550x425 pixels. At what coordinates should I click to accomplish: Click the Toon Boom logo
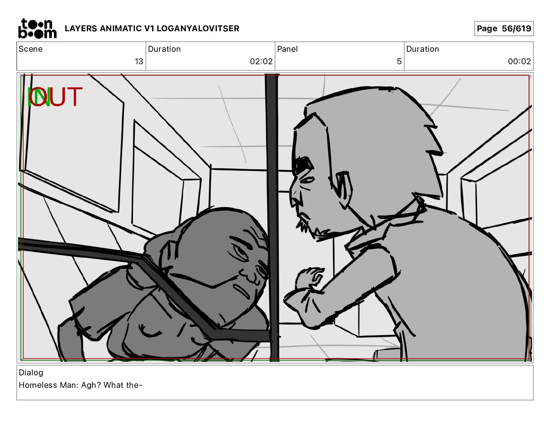point(37,28)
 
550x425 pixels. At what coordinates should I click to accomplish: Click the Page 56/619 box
point(504,28)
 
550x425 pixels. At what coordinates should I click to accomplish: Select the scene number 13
point(139,61)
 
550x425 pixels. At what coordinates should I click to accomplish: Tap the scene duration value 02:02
point(261,61)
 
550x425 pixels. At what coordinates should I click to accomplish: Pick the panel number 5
point(399,61)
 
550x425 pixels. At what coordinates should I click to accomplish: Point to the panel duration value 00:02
point(519,61)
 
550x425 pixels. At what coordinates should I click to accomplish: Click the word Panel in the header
point(287,49)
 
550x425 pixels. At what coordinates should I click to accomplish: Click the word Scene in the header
point(31,49)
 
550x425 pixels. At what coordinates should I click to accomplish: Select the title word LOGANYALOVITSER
point(198,28)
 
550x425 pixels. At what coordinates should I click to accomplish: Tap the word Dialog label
point(31,373)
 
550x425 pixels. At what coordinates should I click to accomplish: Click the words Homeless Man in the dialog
point(49,385)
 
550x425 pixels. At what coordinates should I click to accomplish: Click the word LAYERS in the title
point(81,28)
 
